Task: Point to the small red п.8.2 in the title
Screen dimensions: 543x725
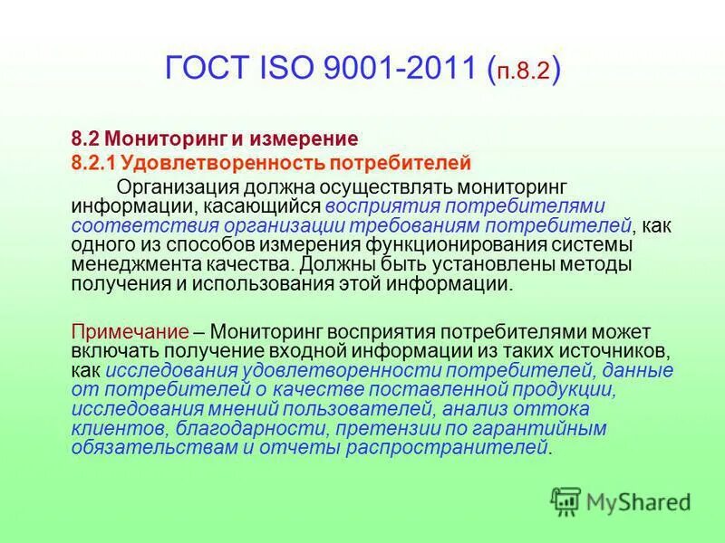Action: pos(522,71)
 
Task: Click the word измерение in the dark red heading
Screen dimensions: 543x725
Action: pos(308,139)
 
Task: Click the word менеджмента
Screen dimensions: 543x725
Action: pos(133,264)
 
